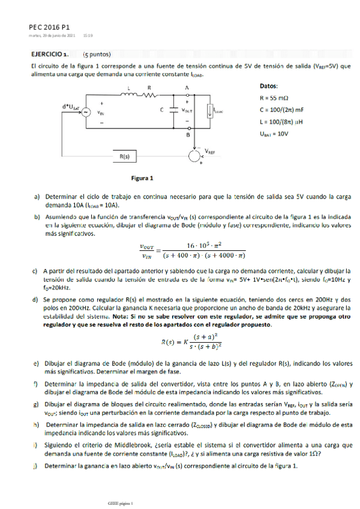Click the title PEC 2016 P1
click(x=49, y=28)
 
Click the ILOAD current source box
click(x=210, y=111)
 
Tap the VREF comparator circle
click(x=194, y=157)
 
